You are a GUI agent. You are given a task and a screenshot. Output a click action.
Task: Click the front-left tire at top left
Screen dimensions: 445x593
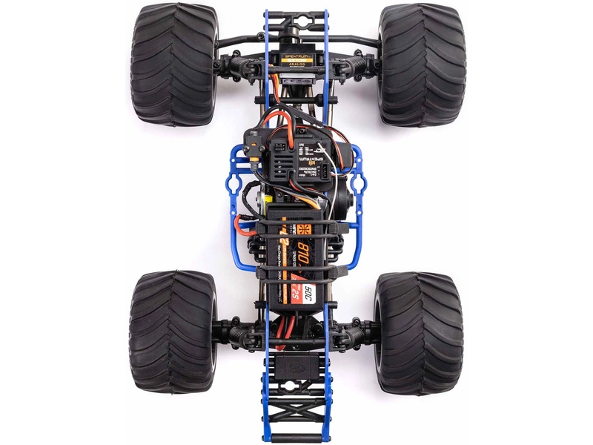click(175, 65)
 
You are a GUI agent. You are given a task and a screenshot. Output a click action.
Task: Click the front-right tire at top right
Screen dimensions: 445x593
click(421, 65)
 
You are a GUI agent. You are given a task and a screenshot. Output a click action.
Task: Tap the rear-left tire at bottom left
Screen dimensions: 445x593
click(173, 332)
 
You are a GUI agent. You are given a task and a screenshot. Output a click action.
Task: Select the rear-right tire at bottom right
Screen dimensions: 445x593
click(418, 333)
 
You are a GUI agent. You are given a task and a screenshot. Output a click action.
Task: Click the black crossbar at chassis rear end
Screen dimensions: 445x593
click(295, 438)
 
